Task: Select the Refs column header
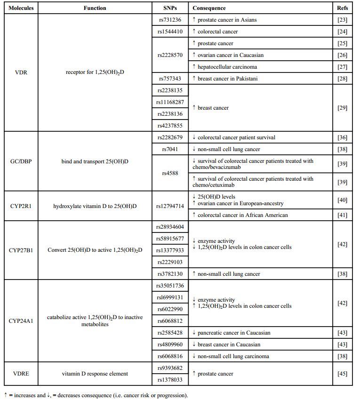click(x=342, y=8)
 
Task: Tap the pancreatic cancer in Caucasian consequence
click(x=231, y=333)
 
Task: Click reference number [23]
click(x=342, y=20)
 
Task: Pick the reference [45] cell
click(x=342, y=374)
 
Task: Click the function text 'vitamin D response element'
click(x=95, y=374)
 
